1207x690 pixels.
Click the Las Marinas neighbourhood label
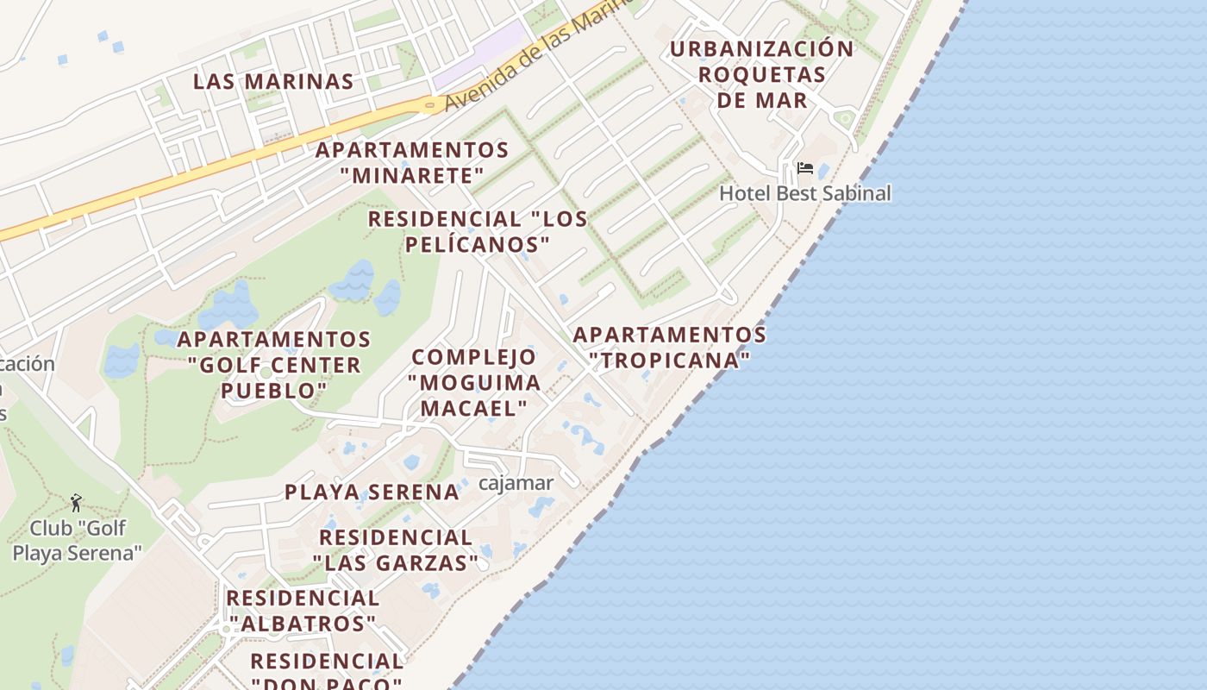[x=273, y=82]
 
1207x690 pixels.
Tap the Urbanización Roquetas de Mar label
[x=761, y=74]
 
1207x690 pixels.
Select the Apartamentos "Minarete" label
[x=412, y=163]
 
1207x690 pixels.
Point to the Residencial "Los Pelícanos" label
[x=478, y=232]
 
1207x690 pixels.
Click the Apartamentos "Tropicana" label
[x=670, y=347]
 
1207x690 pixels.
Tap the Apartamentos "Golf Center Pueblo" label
[x=274, y=365]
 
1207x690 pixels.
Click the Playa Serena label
[x=372, y=492]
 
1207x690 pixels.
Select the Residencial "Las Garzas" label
[x=396, y=550]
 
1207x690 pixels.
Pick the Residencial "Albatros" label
[x=303, y=610]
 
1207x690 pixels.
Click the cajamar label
[x=516, y=483]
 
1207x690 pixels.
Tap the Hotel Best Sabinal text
[x=804, y=193]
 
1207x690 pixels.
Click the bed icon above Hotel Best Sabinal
[x=805, y=168]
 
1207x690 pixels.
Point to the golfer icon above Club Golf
[x=76, y=502]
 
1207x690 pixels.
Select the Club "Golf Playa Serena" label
[x=77, y=541]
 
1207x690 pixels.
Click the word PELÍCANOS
[x=478, y=245]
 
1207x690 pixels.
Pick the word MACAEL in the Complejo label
[x=474, y=408]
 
